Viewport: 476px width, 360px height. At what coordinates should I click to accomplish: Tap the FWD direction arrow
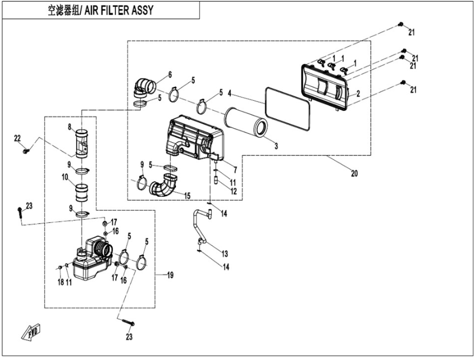click(31, 332)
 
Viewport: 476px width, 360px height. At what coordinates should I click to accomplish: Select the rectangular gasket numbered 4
click(287, 109)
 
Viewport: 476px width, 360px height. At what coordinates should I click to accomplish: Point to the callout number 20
click(354, 173)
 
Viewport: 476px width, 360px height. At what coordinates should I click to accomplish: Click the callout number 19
click(170, 275)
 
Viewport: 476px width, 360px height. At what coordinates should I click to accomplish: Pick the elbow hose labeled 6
click(145, 87)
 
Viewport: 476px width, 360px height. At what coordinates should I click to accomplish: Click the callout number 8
click(70, 127)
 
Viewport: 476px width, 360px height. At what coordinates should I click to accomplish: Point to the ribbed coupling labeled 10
click(81, 193)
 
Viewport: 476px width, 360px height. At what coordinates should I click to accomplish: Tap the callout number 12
click(233, 191)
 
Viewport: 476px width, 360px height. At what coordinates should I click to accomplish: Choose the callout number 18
click(61, 282)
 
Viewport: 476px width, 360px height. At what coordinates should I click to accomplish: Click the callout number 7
click(235, 170)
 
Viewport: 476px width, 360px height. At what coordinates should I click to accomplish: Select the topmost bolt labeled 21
click(401, 24)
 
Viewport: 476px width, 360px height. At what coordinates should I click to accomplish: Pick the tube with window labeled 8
click(82, 143)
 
